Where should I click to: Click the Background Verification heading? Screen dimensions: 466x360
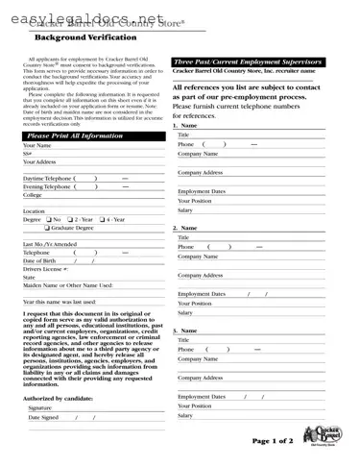click(x=80, y=37)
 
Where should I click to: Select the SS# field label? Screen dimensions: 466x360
click(x=28, y=154)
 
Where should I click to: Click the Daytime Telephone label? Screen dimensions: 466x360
click(x=47, y=179)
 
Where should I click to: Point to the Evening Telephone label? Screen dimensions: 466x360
click(x=47, y=186)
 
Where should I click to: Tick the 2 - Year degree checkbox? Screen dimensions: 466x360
click(x=71, y=219)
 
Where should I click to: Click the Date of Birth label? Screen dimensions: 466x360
click(x=39, y=260)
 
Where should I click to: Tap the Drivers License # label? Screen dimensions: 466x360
click(x=44, y=269)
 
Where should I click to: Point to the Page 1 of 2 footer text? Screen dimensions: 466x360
click(x=272, y=440)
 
